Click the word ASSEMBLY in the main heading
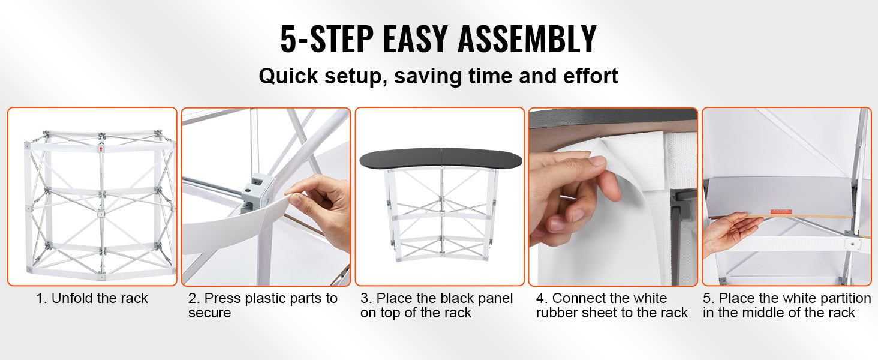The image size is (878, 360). (x=527, y=38)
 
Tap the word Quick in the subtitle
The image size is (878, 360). (x=288, y=76)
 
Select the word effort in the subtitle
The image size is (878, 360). (x=590, y=76)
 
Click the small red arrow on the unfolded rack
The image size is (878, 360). (x=101, y=149)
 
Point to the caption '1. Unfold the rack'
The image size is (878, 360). (x=92, y=298)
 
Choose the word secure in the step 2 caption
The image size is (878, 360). (x=210, y=313)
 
